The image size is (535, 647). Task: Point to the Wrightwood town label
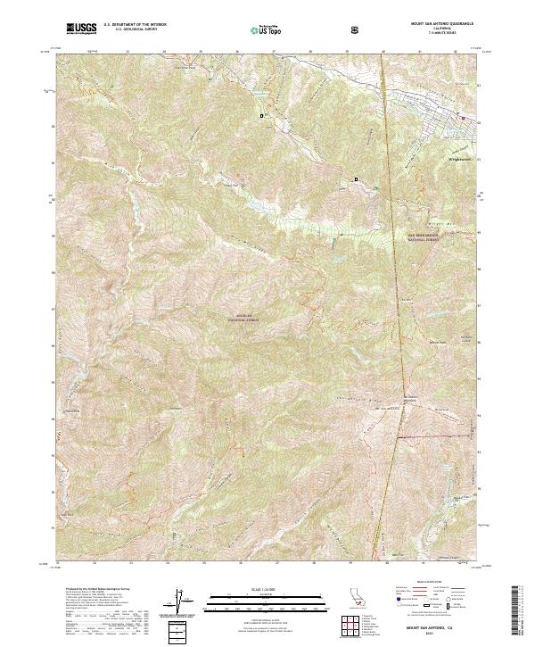pyautogui.click(x=458, y=162)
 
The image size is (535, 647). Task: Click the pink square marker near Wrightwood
pyautogui.click(x=463, y=117)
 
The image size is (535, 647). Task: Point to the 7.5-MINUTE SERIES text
pyautogui.click(x=441, y=34)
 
